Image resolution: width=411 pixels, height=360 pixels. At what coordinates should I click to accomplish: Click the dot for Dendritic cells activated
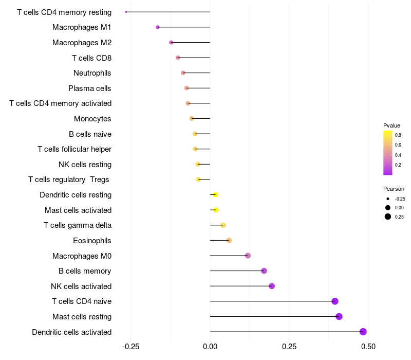[363, 332]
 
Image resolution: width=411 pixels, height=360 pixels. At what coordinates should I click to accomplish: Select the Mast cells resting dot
[339, 316]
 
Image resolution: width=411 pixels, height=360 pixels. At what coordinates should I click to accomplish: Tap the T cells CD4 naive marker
[335, 301]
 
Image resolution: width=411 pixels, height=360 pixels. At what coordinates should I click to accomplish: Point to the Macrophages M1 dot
[158, 27]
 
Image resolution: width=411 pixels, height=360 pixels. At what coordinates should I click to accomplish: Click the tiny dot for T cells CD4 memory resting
[126, 12]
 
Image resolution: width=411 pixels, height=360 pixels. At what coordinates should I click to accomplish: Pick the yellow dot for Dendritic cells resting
[215, 195]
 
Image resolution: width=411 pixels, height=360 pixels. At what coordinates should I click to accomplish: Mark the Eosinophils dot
[229, 240]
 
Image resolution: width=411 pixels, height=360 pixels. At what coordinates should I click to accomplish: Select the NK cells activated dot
[272, 286]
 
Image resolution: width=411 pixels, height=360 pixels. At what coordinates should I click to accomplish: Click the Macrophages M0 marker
[248, 256]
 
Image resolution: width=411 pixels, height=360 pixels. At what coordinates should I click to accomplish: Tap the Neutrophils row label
[92, 73]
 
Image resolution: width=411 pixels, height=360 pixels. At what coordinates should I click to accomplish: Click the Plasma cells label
[89, 88]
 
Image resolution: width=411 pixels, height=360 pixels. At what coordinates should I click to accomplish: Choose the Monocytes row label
[92, 119]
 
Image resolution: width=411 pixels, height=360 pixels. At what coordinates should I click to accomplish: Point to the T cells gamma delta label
[78, 225]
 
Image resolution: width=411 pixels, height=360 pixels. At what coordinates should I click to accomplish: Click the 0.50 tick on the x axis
[368, 347]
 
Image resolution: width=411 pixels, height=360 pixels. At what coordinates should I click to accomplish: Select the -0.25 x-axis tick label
[130, 347]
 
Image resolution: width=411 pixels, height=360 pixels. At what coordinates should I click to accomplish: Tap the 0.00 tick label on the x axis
[210, 347]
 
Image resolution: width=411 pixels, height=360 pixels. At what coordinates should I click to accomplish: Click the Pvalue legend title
[391, 125]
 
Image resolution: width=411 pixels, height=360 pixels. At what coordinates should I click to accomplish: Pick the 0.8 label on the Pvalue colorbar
[398, 135]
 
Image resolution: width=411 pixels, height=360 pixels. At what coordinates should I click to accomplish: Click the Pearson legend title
[394, 189]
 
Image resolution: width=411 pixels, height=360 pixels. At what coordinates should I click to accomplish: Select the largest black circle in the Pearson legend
[388, 217]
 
